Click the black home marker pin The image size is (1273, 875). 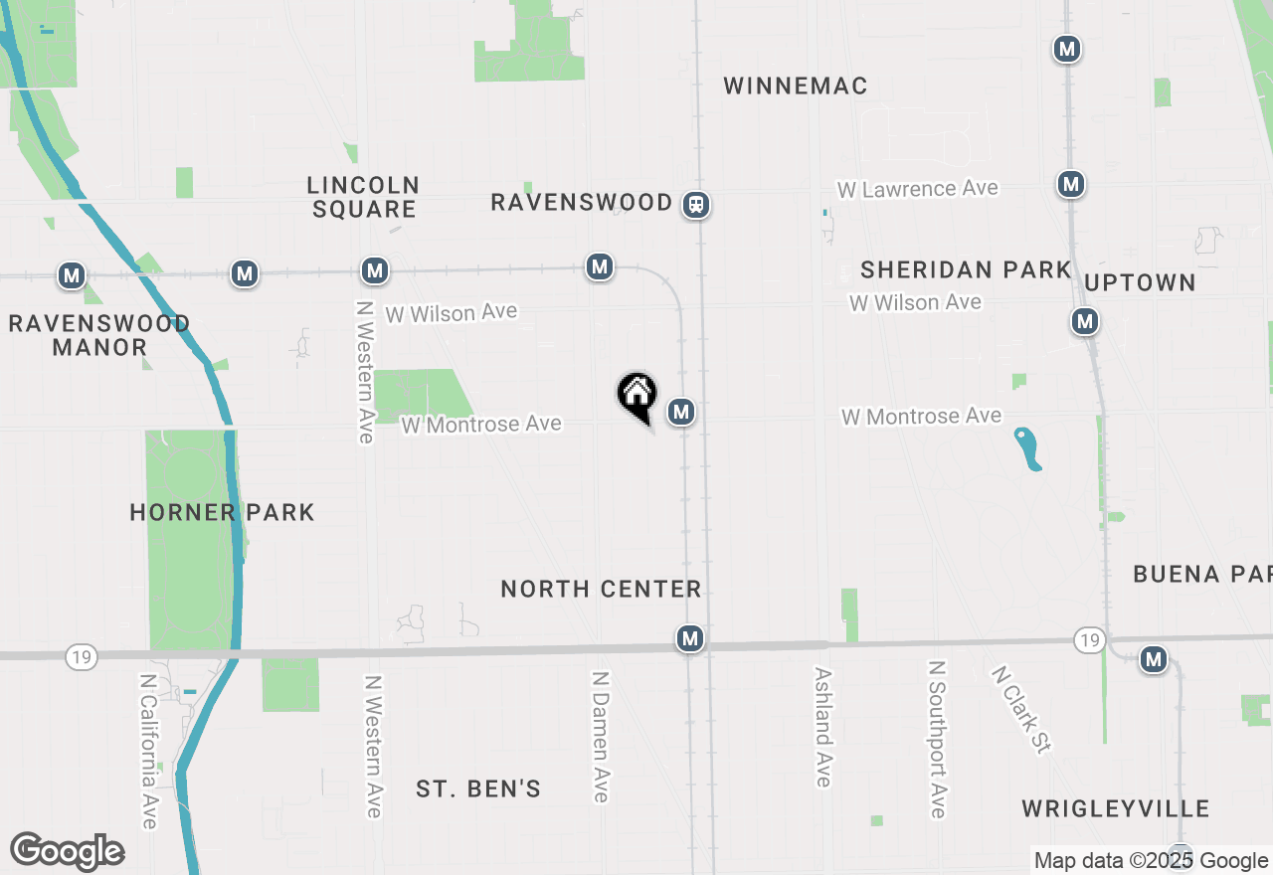click(637, 395)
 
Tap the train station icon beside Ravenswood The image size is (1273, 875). click(697, 205)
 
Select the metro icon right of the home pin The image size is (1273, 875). click(681, 411)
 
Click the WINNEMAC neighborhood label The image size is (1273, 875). click(796, 87)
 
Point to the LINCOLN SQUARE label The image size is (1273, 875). click(363, 197)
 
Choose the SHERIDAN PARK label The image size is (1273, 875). click(966, 269)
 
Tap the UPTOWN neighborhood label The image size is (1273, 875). click(1140, 282)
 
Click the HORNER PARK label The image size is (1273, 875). click(222, 512)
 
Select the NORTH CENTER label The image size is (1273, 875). click(601, 589)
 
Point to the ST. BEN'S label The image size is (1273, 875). click(478, 789)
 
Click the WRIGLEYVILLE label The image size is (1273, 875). click(1116, 808)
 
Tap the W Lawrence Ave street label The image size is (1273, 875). click(917, 188)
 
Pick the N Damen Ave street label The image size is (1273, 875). click(600, 736)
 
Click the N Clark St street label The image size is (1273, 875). click(1020, 708)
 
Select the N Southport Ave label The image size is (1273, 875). click(936, 738)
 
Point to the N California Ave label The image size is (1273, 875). click(148, 751)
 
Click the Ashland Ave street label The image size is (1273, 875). click(822, 726)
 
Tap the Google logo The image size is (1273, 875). click(67, 852)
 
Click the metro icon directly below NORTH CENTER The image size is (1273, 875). click(690, 638)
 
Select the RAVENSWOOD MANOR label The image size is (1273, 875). click(99, 335)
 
